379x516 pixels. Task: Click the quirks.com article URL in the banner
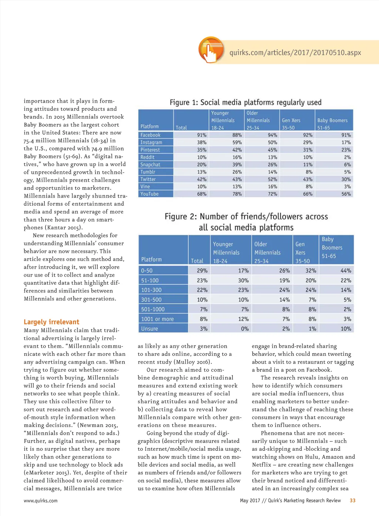point(295,53)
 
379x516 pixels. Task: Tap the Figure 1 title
point(245,102)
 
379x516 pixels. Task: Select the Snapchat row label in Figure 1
point(150,165)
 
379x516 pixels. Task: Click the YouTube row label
point(150,194)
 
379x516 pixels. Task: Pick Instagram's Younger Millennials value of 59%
point(237,142)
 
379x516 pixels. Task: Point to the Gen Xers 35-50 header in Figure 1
point(291,124)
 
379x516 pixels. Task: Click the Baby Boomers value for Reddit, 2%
point(347,157)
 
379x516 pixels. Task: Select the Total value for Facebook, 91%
point(202,135)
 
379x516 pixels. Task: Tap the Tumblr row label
point(148,172)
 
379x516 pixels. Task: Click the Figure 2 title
point(246,222)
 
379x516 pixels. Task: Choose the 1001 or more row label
point(157,319)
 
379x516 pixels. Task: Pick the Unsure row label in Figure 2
point(150,329)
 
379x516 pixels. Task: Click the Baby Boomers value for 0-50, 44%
point(346,271)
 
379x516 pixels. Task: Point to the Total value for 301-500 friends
point(202,300)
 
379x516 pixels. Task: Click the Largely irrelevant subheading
point(51,322)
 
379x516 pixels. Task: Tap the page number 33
point(352,500)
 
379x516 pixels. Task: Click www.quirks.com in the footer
point(41,501)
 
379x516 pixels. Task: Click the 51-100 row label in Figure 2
point(150,281)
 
